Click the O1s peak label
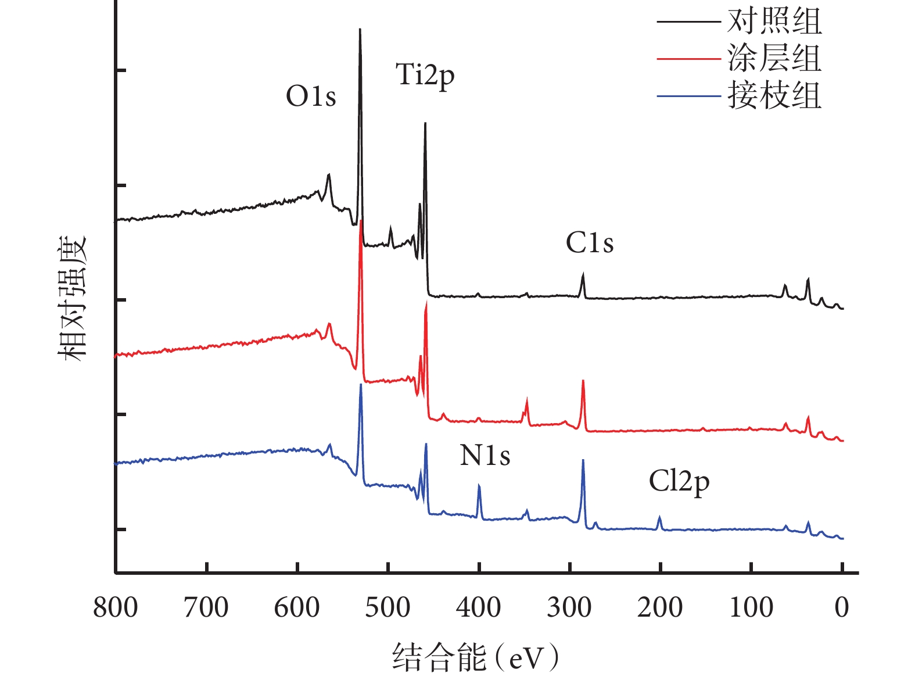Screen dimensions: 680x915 pos(311,96)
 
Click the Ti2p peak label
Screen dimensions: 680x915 pos(425,76)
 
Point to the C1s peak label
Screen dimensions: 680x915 pos(589,243)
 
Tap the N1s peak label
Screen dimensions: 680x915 pos(485,456)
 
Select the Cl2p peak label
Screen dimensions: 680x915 pos(679,482)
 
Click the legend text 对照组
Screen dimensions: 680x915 pos(774,22)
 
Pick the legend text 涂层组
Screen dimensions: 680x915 pos(774,59)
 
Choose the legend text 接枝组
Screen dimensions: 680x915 pos(774,95)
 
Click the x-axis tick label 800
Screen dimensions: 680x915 pos(116,608)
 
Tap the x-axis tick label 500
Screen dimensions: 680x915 pos(387,608)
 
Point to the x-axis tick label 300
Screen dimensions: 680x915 pos(569,608)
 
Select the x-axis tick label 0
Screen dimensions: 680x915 pos(842,608)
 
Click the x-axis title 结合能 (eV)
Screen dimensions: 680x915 pos(475,657)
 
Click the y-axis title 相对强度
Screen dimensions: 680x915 pos(72,298)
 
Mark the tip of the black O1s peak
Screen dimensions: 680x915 pos(360,29)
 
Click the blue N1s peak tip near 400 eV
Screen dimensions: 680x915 pos(479,485)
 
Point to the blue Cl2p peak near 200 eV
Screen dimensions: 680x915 pos(659,516)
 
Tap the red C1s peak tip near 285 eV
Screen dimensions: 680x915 pos(583,381)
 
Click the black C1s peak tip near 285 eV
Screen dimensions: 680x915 pos(583,274)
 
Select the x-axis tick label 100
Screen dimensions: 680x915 pos(751,608)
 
